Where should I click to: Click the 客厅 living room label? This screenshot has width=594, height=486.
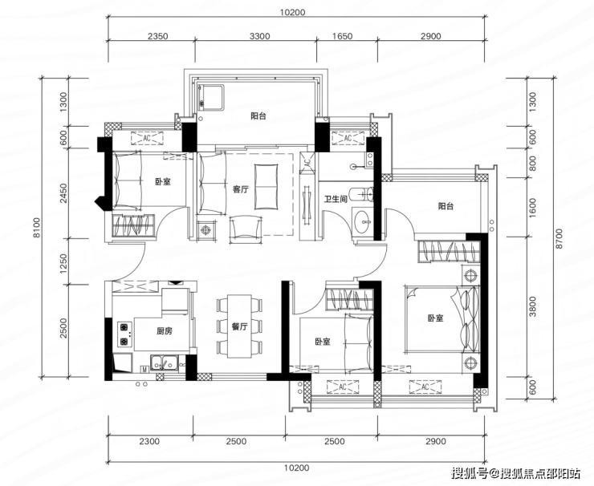click(241, 189)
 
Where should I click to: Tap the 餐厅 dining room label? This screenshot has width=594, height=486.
click(240, 326)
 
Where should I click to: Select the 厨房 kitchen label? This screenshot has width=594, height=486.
click(165, 330)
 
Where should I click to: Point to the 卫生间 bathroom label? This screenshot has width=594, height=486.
click(336, 199)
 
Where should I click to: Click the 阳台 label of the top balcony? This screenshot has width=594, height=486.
click(258, 115)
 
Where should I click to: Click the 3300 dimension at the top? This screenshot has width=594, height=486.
click(260, 36)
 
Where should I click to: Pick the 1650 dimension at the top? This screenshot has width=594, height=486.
click(343, 36)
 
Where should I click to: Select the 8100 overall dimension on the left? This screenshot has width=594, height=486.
click(37, 227)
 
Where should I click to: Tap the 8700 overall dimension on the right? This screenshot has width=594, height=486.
click(560, 238)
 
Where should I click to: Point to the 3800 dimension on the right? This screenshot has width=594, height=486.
click(533, 306)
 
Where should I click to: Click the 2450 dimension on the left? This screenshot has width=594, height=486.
click(63, 193)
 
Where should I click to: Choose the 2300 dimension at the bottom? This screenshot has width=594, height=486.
click(149, 441)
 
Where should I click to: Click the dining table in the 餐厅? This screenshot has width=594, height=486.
click(240, 326)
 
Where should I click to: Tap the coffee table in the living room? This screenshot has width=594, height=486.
click(266, 186)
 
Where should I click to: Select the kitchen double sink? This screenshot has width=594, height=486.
click(165, 362)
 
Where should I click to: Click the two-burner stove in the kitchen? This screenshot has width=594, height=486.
click(124, 334)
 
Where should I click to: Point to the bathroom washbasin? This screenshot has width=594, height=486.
click(363, 221)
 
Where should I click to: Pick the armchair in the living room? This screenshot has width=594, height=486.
click(246, 227)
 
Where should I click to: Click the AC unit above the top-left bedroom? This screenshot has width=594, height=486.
click(147, 139)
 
